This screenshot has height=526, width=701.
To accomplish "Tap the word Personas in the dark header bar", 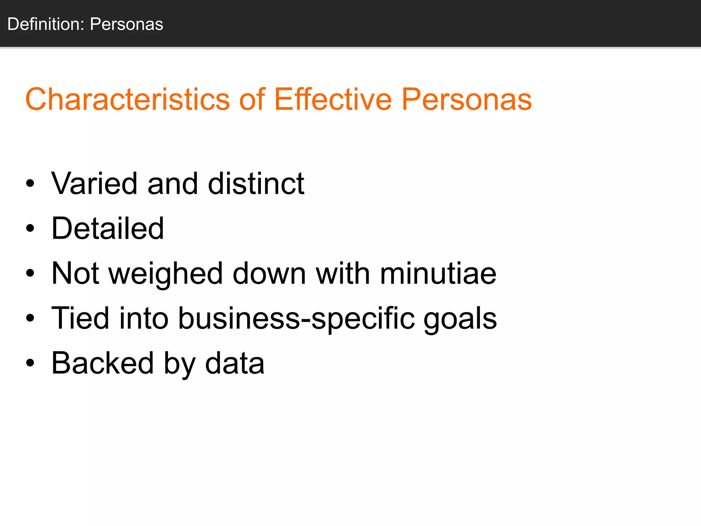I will [x=126, y=24].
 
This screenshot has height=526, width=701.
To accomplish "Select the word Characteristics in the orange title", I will [x=127, y=99].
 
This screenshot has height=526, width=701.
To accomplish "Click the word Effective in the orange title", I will [x=333, y=99].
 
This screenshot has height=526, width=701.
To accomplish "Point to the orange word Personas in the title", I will [x=467, y=99].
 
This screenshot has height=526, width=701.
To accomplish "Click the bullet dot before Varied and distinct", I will [x=30, y=184].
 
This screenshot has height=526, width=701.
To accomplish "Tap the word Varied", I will [x=94, y=184].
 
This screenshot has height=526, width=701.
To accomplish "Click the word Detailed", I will [x=107, y=228].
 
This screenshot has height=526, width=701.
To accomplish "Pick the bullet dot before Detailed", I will [x=30, y=228].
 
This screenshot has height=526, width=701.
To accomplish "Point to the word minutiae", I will [x=438, y=274].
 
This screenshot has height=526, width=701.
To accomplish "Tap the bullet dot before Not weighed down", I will [x=30, y=274].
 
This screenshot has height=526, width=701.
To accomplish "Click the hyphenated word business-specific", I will [x=296, y=319].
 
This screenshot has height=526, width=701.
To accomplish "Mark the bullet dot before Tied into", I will [x=30, y=318].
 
